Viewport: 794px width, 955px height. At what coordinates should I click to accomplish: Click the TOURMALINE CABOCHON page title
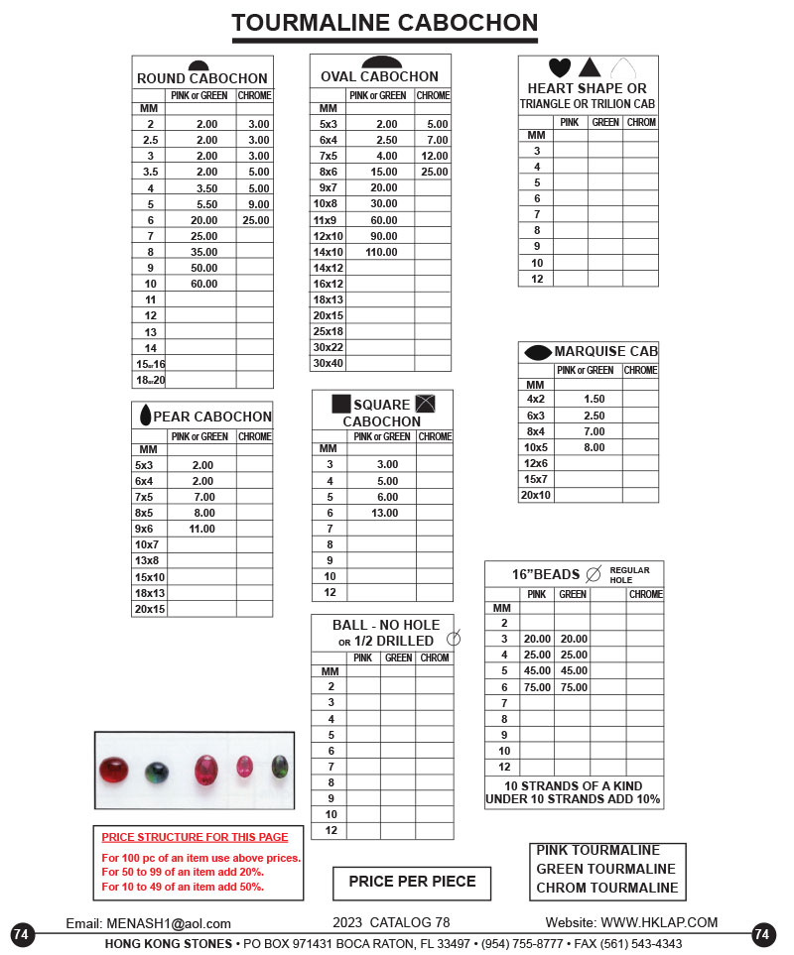pyautogui.click(x=385, y=23)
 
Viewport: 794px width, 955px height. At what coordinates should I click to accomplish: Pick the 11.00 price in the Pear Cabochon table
pyautogui.click(x=202, y=529)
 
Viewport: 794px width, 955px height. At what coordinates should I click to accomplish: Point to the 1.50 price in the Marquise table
pyautogui.click(x=594, y=399)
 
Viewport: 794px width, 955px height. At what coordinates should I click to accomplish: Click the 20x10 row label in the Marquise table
pyautogui.click(x=536, y=495)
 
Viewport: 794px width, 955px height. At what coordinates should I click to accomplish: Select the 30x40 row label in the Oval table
pyautogui.click(x=328, y=364)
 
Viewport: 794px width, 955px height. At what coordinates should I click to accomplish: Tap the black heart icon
pyautogui.click(x=560, y=67)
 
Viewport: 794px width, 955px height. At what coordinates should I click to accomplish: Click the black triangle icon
pyautogui.click(x=590, y=67)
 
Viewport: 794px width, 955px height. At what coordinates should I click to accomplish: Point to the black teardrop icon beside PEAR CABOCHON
pyautogui.click(x=145, y=416)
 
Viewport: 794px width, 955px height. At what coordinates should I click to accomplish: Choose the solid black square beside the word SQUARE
pyautogui.click(x=340, y=404)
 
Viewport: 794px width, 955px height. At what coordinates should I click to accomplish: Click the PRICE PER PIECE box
pyautogui.click(x=412, y=881)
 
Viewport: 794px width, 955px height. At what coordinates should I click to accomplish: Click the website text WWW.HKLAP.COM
pyautogui.click(x=658, y=923)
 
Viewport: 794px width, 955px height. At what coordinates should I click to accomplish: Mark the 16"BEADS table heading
pyautogui.click(x=545, y=574)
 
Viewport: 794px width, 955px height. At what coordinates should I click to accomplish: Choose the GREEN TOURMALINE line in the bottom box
pyautogui.click(x=606, y=869)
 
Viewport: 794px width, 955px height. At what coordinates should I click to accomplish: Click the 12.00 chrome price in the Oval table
pyautogui.click(x=434, y=156)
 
